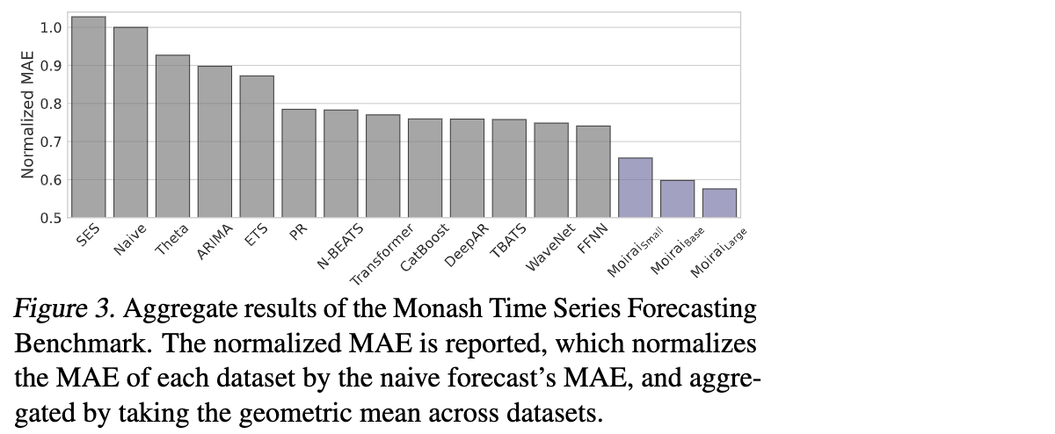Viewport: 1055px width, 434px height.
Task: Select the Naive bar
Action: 130,122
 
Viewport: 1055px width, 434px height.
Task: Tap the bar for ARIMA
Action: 215,141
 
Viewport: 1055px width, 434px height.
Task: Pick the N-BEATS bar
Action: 340,163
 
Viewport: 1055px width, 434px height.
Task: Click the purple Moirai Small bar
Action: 636,187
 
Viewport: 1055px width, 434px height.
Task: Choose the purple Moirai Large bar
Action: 719,203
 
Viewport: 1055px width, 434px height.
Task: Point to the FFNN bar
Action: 593,171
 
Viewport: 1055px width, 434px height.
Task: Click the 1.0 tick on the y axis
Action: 50,27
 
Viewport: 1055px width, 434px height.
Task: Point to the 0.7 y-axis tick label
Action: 50,141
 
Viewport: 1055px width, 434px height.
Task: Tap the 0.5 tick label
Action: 50,218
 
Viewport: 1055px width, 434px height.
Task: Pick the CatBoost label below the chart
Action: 425,247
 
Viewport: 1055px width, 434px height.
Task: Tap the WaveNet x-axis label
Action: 551,247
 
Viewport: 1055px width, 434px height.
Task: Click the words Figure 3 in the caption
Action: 63,309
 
